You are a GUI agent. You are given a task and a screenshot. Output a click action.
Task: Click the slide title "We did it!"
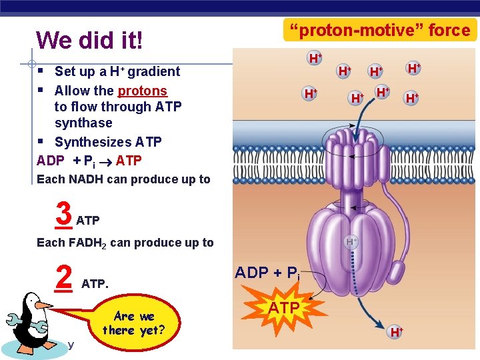pyautogui.click(x=89, y=40)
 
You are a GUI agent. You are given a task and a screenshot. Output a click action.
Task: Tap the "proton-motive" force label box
pyautogui.click(x=379, y=30)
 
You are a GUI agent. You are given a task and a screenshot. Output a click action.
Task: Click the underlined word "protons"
pyautogui.click(x=143, y=91)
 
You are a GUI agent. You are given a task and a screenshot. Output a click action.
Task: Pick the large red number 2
pyautogui.click(x=63, y=277)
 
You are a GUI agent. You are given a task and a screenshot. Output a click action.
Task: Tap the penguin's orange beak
pyautogui.click(x=45, y=305)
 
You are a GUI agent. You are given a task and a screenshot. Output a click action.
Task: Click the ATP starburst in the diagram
pyautogui.click(x=285, y=307)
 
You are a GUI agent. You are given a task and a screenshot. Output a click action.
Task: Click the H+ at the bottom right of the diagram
pyautogui.click(x=396, y=331)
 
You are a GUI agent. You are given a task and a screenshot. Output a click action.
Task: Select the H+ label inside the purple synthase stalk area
pyautogui.click(x=351, y=241)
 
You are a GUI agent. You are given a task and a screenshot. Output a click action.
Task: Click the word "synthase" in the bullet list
pyautogui.click(x=83, y=123)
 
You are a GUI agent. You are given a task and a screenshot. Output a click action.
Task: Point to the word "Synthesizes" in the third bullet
pyautogui.click(x=93, y=142)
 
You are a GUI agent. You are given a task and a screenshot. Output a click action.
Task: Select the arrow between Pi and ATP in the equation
pyautogui.click(x=106, y=161)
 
